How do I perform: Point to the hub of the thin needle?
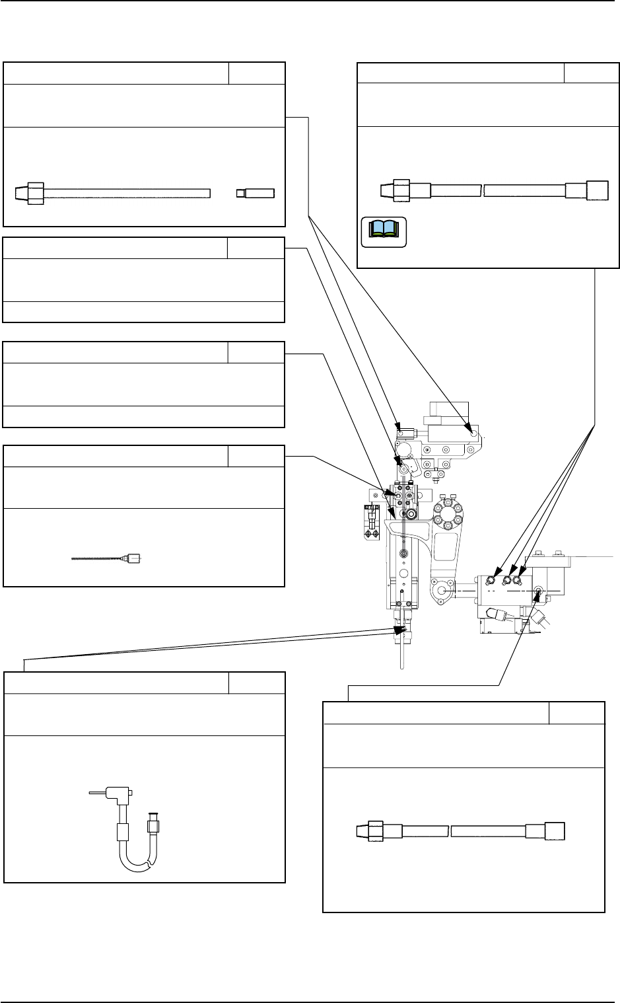click(x=134, y=558)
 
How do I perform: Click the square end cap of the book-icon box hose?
click(x=596, y=190)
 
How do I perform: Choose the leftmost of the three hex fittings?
click(x=492, y=580)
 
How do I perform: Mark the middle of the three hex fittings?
click(x=508, y=580)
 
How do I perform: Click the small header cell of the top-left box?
click(x=257, y=73)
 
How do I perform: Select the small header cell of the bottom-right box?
click(x=576, y=713)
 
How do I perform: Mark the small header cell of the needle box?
click(x=256, y=456)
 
